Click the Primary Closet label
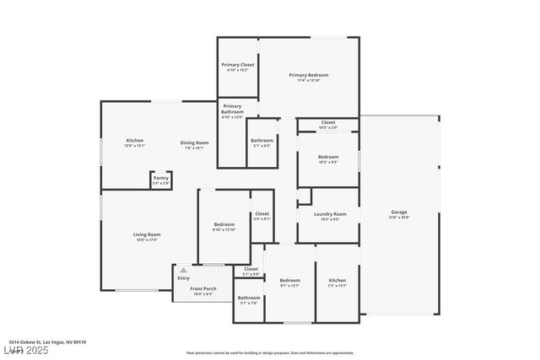237,65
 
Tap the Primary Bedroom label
308,75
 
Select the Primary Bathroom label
232,109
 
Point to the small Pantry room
160,179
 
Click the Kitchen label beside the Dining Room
134,141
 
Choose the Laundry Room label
329,214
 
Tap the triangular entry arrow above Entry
183,270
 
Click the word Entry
183,277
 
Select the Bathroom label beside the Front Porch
248,298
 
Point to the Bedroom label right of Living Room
224,224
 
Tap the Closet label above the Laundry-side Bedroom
328,122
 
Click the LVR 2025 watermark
24,349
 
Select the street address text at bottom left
48,342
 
